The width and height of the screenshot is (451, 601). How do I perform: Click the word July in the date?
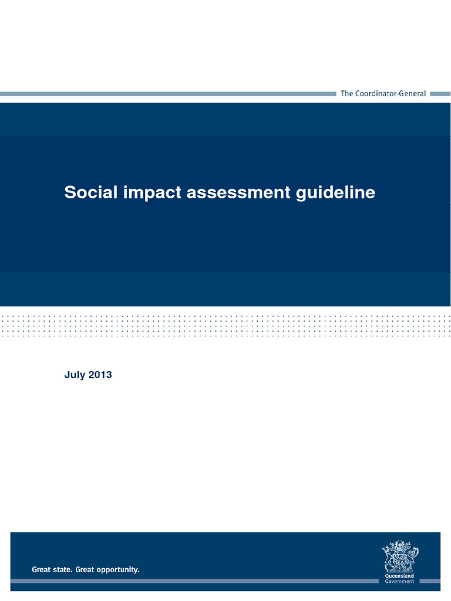pyautogui.click(x=74, y=375)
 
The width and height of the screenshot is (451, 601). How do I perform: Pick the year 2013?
pyautogui.click(x=100, y=375)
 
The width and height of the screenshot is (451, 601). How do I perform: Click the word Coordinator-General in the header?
pyautogui.click(x=391, y=94)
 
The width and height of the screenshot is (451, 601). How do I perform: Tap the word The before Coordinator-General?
pyautogui.click(x=347, y=94)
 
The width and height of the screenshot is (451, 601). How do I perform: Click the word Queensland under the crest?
pyautogui.click(x=399, y=576)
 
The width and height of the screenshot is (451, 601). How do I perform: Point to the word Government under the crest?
pyautogui.click(x=399, y=582)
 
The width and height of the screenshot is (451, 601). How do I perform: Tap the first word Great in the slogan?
pyautogui.click(x=42, y=569)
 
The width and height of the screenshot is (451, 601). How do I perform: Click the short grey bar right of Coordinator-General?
pyautogui.click(x=440, y=93)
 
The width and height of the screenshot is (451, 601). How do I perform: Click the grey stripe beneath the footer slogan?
pyautogui.click(x=194, y=581)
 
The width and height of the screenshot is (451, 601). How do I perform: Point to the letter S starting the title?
pyautogui.click(x=69, y=193)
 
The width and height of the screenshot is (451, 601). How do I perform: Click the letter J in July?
pyautogui.click(x=66, y=375)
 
